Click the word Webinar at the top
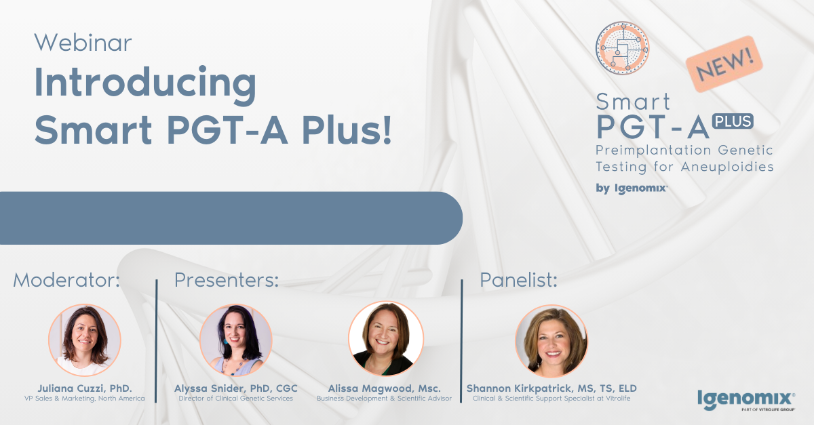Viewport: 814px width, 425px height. pyautogui.click(x=83, y=43)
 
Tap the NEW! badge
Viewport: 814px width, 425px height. pyautogui.click(x=724, y=64)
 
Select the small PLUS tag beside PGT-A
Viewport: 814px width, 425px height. pyautogui.click(x=733, y=121)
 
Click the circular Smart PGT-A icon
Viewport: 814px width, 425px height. pyautogui.click(x=622, y=48)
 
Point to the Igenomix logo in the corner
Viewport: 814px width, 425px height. pyautogui.click(x=746, y=401)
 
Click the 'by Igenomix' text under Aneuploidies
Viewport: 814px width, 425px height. pyautogui.click(x=632, y=188)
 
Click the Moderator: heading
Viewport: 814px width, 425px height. pyautogui.click(x=66, y=280)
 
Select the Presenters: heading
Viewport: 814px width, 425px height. pyautogui.click(x=227, y=280)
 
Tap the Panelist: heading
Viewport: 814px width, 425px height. pyautogui.click(x=518, y=280)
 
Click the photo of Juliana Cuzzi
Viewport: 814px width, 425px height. pyautogui.click(x=85, y=340)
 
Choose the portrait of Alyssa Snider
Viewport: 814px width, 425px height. pyautogui.click(x=236, y=340)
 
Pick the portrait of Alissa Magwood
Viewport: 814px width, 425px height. pyautogui.click(x=386, y=338)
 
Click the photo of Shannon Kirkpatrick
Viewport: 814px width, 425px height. pyautogui.click(x=551, y=341)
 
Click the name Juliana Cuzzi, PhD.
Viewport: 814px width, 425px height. pyautogui.click(x=85, y=388)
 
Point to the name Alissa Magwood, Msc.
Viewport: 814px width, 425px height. pyautogui.click(x=384, y=388)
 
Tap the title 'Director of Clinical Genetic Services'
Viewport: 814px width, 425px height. pyautogui.click(x=236, y=399)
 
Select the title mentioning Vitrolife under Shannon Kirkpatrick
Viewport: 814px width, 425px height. pyautogui.click(x=551, y=399)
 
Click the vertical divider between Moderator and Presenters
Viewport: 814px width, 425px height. pyautogui.click(x=156, y=341)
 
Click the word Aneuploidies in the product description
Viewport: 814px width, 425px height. pyautogui.click(x=727, y=167)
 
